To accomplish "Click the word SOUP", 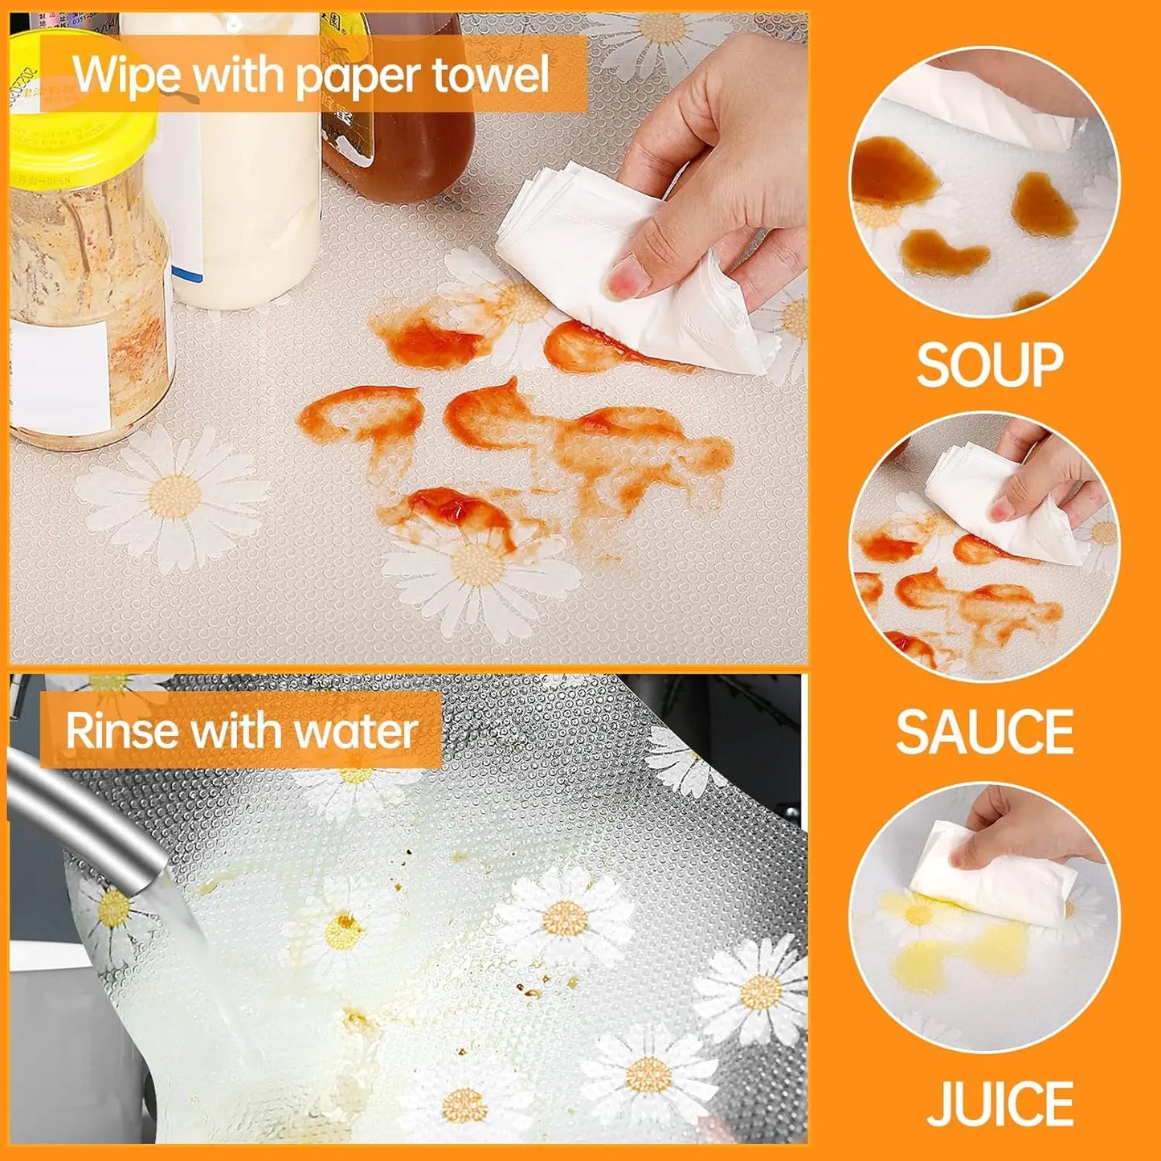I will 989,366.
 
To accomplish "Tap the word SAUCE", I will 985,732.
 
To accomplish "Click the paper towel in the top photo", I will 635,265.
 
